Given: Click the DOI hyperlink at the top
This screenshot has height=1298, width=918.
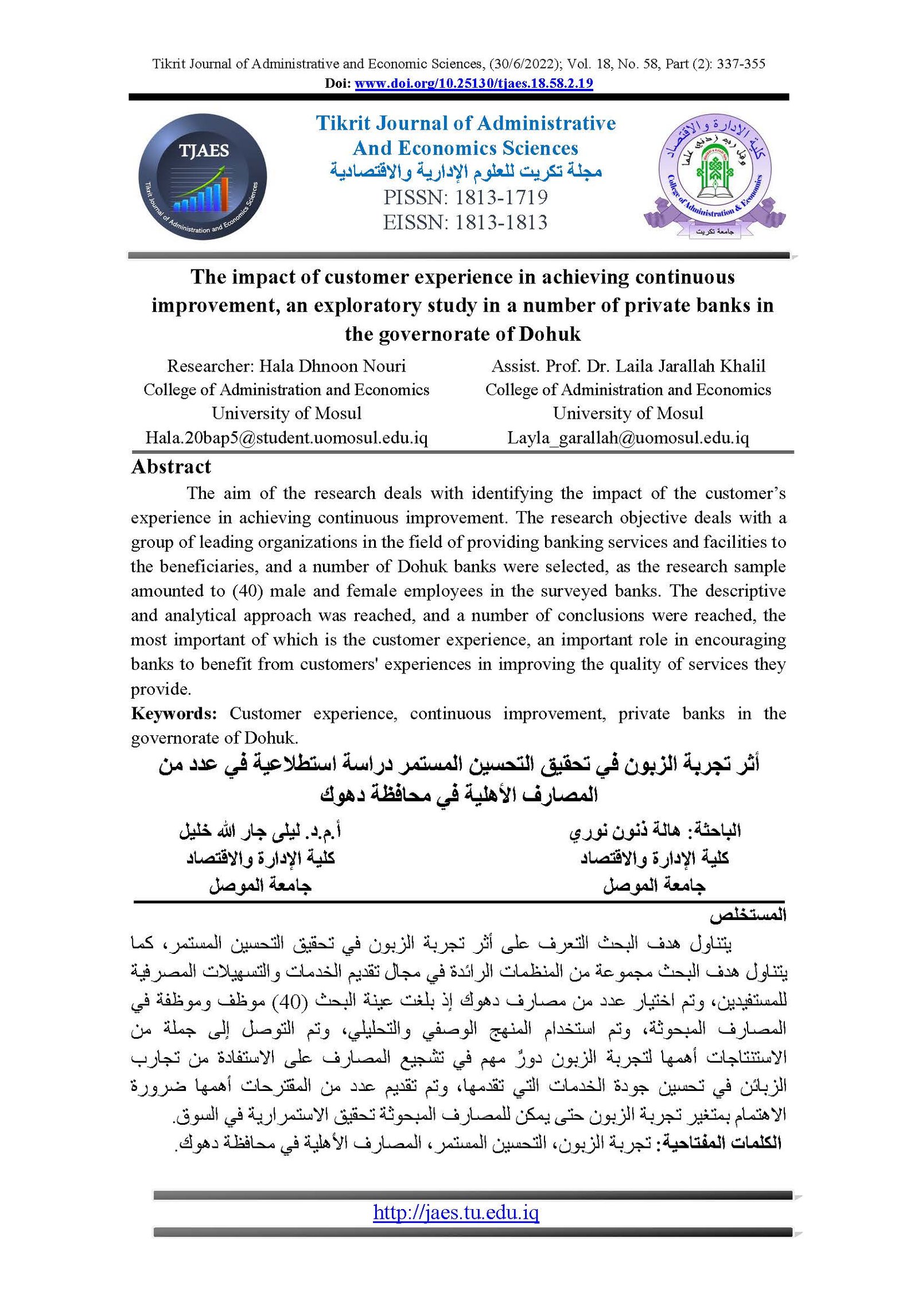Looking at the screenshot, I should tap(473, 84).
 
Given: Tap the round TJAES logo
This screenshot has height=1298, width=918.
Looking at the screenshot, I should tap(203, 176).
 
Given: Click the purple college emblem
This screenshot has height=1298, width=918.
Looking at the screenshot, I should tap(714, 175).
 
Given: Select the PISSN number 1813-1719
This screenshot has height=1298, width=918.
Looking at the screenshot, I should tap(501, 197).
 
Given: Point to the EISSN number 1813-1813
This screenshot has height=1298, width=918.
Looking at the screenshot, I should tap(501, 223).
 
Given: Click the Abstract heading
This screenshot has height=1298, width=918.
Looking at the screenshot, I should tap(171, 467).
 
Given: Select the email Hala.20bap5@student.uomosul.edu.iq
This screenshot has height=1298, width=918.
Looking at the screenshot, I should tap(286, 438).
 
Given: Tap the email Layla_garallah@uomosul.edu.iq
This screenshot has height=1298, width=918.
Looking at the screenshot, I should tap(628, 438).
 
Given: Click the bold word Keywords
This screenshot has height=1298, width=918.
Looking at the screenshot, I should tap(174, 714).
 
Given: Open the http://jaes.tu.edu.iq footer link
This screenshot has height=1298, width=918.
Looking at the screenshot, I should tap(456, 1212).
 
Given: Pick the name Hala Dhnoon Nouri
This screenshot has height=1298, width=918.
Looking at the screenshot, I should tap(332, 366).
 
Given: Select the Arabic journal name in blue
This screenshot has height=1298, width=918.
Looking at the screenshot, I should tap(465, 171).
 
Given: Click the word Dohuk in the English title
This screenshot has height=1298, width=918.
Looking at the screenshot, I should tap(550, 334).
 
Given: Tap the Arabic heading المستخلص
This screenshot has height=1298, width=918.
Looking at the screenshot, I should tap(747, 915).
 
